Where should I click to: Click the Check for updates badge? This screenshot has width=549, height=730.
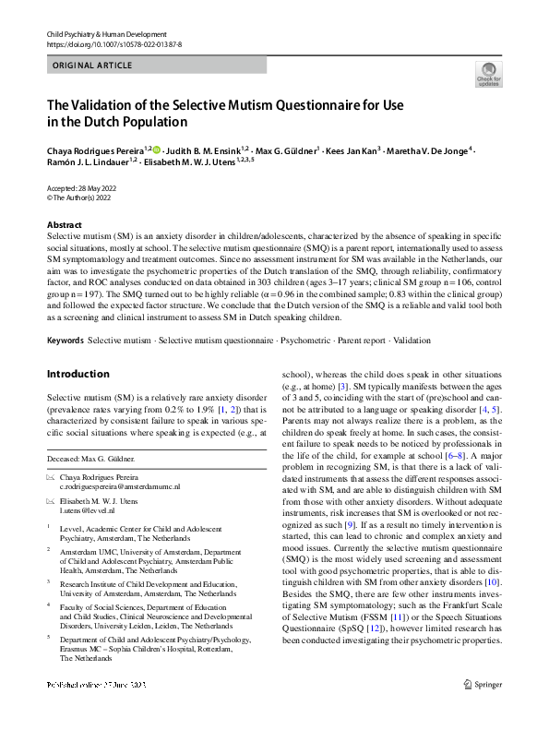point(487,74)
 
